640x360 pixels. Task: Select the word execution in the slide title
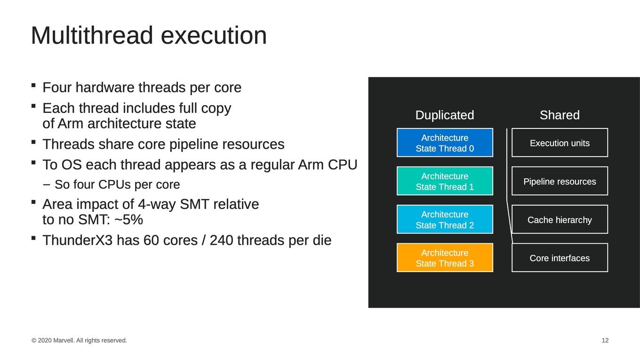tap(214, 35)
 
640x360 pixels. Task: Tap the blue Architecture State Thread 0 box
tap(445, 143)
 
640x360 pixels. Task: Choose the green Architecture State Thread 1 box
tap(445, 181)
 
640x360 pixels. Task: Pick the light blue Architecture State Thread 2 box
tap(445, 219)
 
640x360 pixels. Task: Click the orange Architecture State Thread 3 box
tap(445, 257)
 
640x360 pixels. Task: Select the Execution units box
tap(560, 143)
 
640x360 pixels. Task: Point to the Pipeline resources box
tap(560, 181)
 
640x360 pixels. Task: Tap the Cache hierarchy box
tap(560, 219)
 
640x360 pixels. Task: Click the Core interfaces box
tap(560, 257)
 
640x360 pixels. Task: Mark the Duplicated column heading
tap(445, 115)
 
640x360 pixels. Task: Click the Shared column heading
tap(560, 115)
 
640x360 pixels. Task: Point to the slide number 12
tap(605, 340)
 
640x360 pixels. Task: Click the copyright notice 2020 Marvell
tap(79, 340)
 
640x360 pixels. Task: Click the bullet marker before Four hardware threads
tap(33, 85)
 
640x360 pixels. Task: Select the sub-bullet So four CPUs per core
tap(111, 184)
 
